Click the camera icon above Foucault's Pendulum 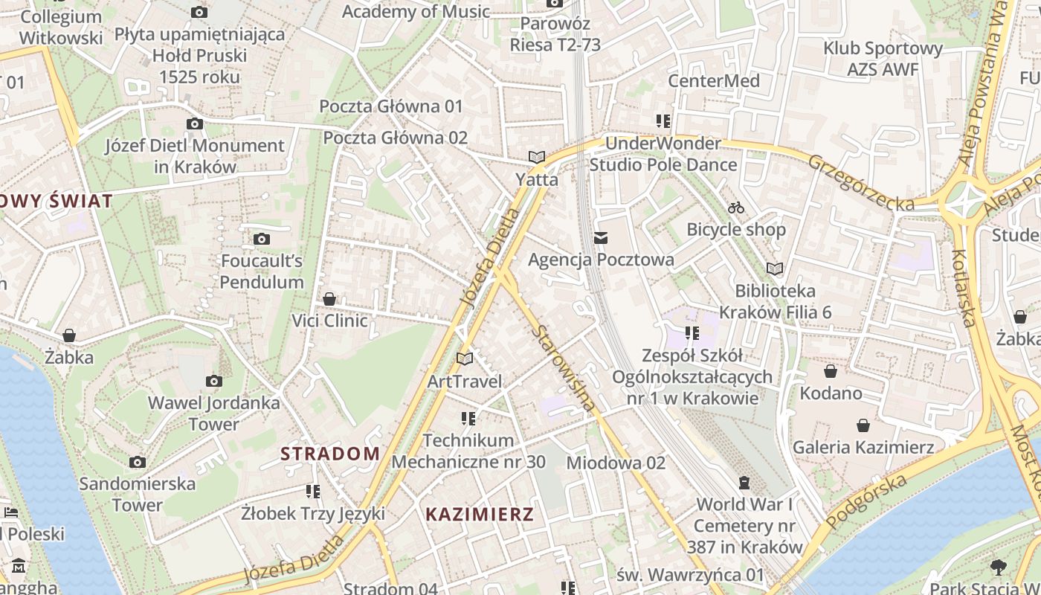(261, 239)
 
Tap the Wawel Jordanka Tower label (214, 414)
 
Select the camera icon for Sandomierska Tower (137, 462)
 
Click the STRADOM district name (330, 454)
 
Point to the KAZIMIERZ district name (480, 514)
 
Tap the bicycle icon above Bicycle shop (736, 207)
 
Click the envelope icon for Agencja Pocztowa (601, 238)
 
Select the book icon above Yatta (536, 157)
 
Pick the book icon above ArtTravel (465, 359)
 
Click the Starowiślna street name (565, 367)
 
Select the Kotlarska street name (963, 288)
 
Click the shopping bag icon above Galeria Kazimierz (863, 425)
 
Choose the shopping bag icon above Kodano (831, 371)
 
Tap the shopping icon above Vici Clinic (329, 299)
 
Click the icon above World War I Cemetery (744, 483)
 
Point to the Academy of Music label (416, 11)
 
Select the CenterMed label (714, 80)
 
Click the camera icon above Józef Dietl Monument (195, 123)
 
